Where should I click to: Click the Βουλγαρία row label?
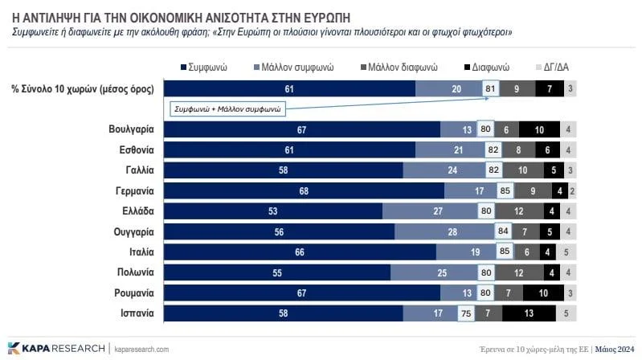(131, 129)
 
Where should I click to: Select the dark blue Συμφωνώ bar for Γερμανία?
(303, 191)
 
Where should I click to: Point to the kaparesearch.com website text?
(141, 349)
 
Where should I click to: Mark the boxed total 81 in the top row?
(489, 88)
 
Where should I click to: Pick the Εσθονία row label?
(133, 150)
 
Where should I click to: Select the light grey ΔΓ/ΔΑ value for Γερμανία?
(571, 191)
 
